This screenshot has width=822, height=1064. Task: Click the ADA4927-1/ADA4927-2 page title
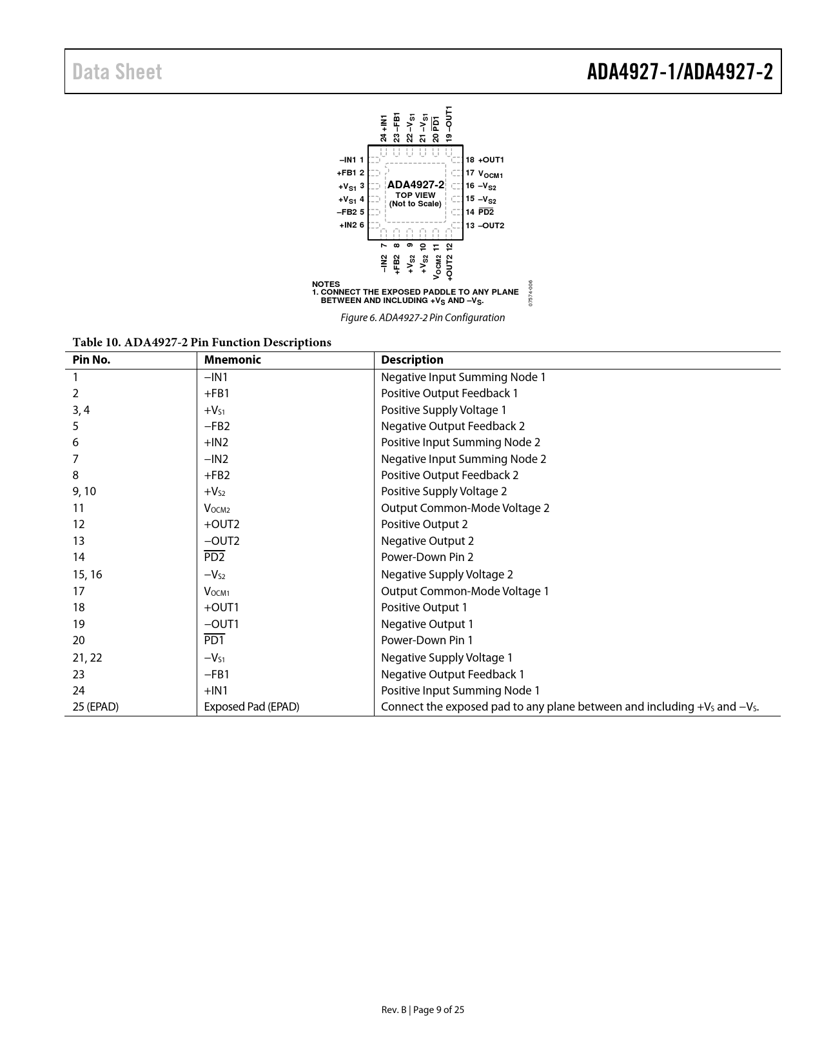click(x=680, y=72)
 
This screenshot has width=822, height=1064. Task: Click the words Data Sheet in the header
click(x=117, y=72)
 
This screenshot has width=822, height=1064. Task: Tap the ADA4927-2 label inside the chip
click(x=415, y=185)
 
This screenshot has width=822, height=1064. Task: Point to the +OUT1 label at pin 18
click(x=491, y=160)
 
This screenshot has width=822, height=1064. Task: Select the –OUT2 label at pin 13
click(x=491, y=226)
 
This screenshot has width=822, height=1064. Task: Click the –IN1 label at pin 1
click(x=347, y=160)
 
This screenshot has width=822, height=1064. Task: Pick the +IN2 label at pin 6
click(x=347, y=225)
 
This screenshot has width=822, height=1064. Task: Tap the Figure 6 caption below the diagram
click(x=422, y=317)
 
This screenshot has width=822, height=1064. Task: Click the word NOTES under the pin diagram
click(x=326, y=284)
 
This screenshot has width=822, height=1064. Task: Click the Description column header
click(x=412, y=360)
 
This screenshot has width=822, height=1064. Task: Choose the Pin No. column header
click(x=92, y=360)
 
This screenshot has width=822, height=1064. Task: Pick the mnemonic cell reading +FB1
click(x=217, y=393)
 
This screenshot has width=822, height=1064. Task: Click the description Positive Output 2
click(x=424, y=524)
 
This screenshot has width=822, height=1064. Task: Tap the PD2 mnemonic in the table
click(x=214, y=557)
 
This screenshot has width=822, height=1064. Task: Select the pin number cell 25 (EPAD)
click(x=95, y=707)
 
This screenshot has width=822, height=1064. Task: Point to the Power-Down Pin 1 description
click(x=427, y=640)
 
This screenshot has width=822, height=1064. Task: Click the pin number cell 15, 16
click(x=87, y=575)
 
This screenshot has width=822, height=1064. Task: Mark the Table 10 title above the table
click(x=202, y=342)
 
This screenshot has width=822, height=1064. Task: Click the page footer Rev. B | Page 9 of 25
click(x=422, y=1010)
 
